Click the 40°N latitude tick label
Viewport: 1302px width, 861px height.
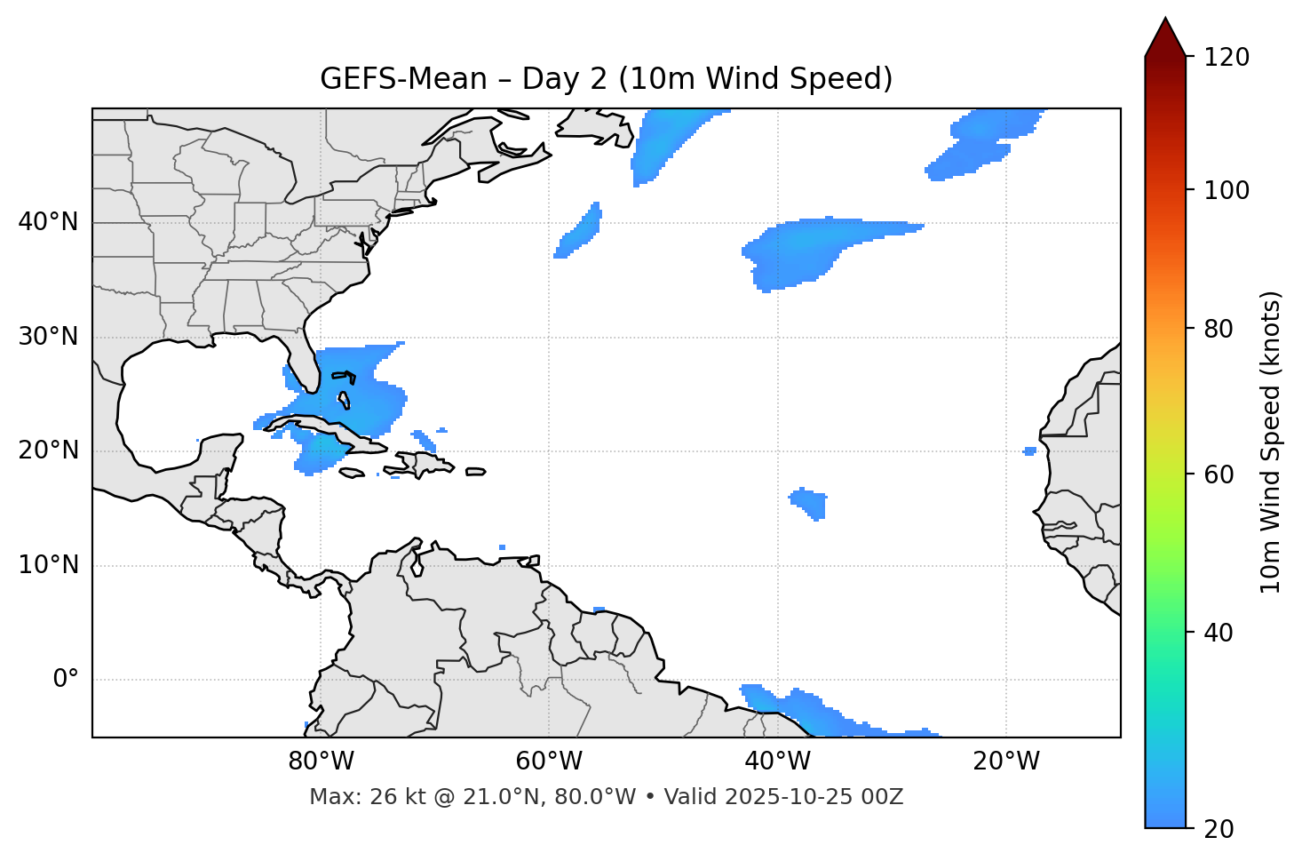point(48,222)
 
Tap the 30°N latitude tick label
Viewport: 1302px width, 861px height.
point(48,337)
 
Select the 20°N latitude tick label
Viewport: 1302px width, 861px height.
point(48,450)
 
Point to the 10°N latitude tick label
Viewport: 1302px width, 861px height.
point(48,565)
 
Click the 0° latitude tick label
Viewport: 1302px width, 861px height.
point(66,680)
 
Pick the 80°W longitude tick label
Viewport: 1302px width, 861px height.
point(321,761)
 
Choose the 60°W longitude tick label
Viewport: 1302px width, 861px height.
point(549,761)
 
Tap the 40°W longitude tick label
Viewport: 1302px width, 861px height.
point(778,761)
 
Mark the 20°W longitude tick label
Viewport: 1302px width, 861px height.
point(1006,761)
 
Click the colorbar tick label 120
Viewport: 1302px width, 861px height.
point(1227,57)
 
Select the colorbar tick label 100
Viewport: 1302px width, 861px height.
point(1227,190)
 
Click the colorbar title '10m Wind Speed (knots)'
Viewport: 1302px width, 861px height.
point(1271,442)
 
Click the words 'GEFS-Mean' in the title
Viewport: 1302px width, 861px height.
point(403,79)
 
